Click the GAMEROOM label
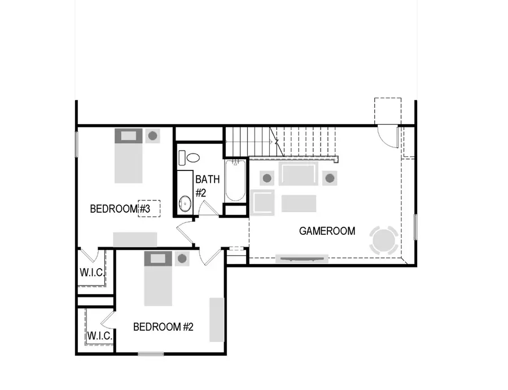[327, 231]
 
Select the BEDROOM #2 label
[163, 327]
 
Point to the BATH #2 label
[204, 186]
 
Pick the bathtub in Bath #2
[235, 182]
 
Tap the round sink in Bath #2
[185, 203]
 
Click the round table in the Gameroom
[384, 240]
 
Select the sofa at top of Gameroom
[298, 175]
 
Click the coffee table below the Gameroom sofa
[299, 203]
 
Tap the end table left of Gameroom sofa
[267, 178]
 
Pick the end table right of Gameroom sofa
[330, 178]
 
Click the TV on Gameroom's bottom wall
[301, 259]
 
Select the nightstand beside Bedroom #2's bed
[182, 259]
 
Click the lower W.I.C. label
[99, 336]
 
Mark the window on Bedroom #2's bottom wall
[151, 354]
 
